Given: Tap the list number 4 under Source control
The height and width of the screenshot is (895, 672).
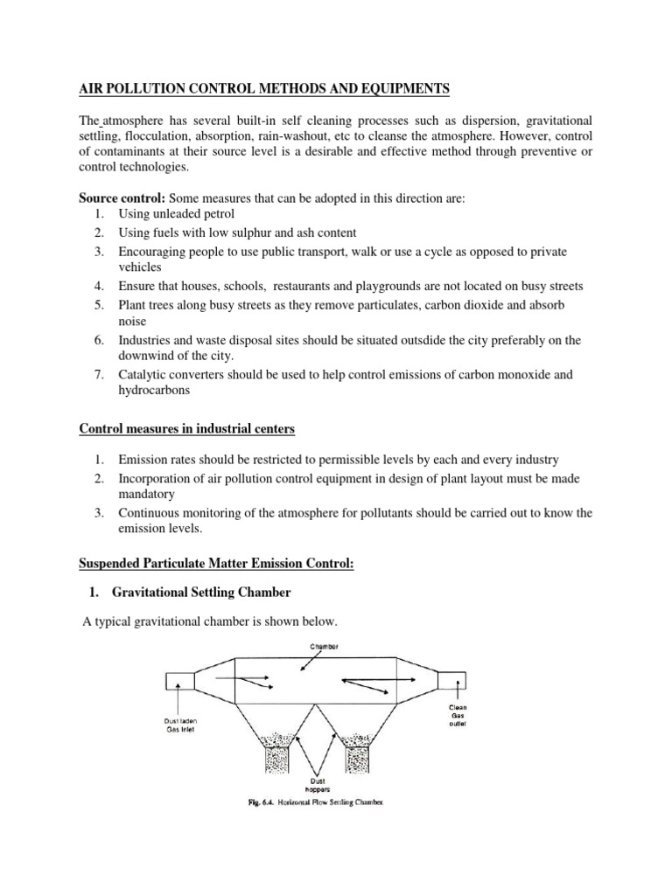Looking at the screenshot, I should pyautogui.click(x=100, y=286).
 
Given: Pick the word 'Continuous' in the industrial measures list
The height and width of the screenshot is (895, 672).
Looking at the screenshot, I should pyautogui.click(x=153, y=512).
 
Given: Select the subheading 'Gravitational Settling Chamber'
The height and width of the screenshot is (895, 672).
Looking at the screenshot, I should pyautogui.click(x=201, y=593).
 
